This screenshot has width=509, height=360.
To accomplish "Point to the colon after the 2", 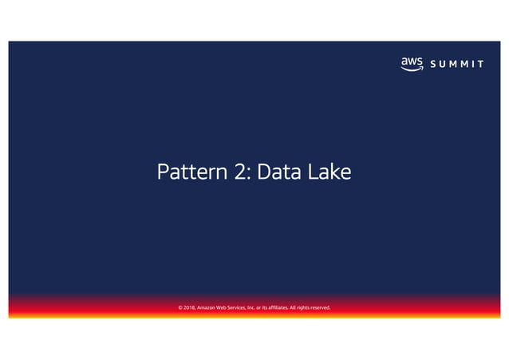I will pos(251,173).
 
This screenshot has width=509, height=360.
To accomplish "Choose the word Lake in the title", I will pos(330,172).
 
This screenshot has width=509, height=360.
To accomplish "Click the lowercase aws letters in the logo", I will pos(412,61).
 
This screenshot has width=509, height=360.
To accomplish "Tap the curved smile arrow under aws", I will pos(412,69).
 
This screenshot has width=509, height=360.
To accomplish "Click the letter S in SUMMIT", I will pos(432,64).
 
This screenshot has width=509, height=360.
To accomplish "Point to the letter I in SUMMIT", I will pos(472,64).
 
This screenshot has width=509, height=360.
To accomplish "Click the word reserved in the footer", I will pos(338,307).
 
